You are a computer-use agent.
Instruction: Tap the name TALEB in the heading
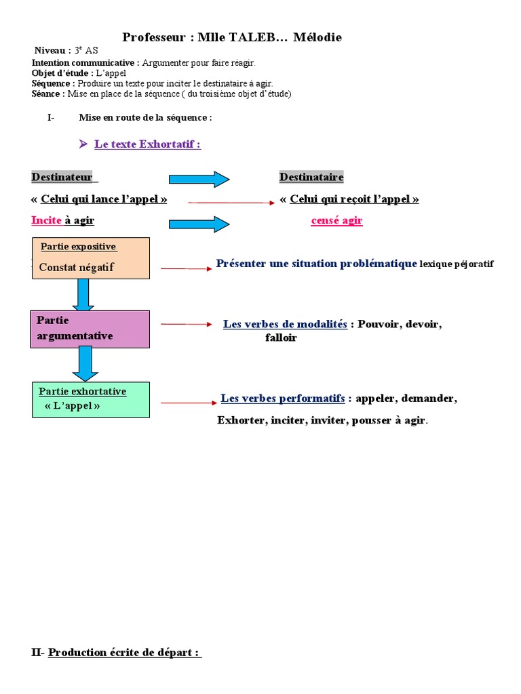click(x=252, y=38)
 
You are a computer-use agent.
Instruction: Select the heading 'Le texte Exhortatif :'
click(x=147, y=144)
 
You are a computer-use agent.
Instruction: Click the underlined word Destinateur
click(x=62, y=178)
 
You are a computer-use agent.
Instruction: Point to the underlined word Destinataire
click(x=311, y=178)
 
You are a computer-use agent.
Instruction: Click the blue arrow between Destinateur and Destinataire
click(x=199, y=179)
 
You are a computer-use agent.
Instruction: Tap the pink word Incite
click(x=46, y=221)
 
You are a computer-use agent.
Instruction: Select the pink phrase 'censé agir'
click(x=336, y=221)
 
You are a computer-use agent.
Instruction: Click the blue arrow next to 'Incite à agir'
click(x=199, y=224)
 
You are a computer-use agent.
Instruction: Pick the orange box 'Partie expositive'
click(x=90, y=258)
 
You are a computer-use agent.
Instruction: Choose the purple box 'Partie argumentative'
click(x=90, y=329)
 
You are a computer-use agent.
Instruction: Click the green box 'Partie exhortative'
click(x=91, y=400)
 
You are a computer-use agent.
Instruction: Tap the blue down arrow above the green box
click(x=85, y=364)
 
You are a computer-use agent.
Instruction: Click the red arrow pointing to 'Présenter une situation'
click(x=187, y=269)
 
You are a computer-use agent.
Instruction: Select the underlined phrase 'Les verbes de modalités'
click(x=285, y=325)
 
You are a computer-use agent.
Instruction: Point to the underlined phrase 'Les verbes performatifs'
click(x=283, y=399)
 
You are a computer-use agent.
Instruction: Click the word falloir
click(x=281, y=338)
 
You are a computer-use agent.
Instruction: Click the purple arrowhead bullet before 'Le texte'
click(x=83, y=144)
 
